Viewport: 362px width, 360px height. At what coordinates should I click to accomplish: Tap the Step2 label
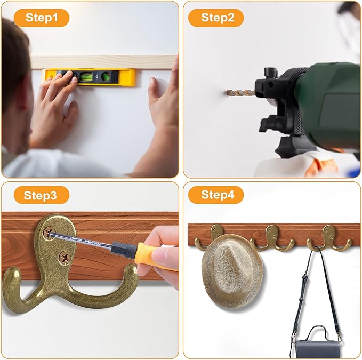click(218, 18)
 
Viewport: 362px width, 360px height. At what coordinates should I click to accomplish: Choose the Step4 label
click(218, 195)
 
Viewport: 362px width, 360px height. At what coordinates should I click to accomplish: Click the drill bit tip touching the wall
click(229, 93)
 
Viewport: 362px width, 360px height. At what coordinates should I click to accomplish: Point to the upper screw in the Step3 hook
click(49, 233)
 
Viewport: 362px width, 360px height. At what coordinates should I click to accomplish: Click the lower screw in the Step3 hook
click(63, 257)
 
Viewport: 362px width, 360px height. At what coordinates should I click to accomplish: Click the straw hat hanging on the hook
click(232, 264)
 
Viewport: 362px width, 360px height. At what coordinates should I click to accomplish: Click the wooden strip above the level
click(101, 61)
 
